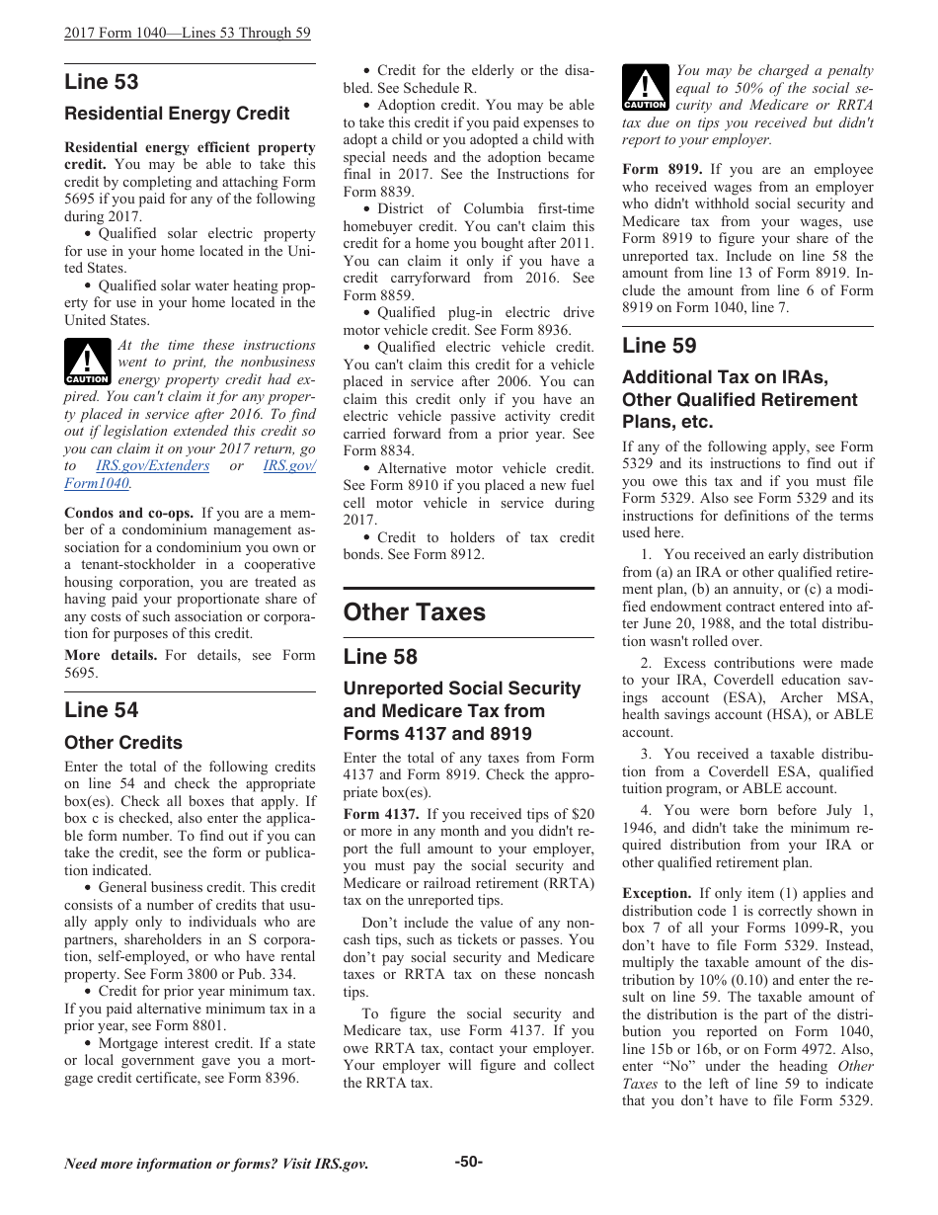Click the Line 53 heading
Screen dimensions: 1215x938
point(102,82)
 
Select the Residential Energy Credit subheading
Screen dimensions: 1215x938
point(177,114)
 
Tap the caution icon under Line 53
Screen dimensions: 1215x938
point(87,362)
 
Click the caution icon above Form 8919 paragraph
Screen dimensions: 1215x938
point(645,87)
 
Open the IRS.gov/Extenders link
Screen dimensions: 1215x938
point(152,466)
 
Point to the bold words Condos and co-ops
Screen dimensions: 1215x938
point(128,513)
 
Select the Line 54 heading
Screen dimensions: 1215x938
point(102,709)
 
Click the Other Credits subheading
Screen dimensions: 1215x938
point(123,742)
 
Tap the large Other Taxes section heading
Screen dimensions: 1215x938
point(415,612)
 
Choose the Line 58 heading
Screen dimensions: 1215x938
point(380,657)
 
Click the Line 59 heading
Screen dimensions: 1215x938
point(659,345)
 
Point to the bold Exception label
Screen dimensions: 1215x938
point(657,893)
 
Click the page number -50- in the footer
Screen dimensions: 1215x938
point(468,1162)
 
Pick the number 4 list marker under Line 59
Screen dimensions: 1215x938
point(645,811)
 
